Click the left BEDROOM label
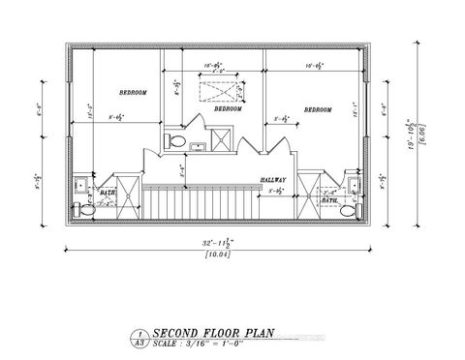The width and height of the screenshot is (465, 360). click(133, 93)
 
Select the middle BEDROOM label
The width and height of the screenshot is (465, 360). click(228, 109)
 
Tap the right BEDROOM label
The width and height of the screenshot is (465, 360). click(319, 110)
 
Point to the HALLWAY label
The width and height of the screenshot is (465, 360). click(275, 181)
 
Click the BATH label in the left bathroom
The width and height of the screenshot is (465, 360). click(108, 193)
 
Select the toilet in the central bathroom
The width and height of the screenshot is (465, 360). click(176, 141)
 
